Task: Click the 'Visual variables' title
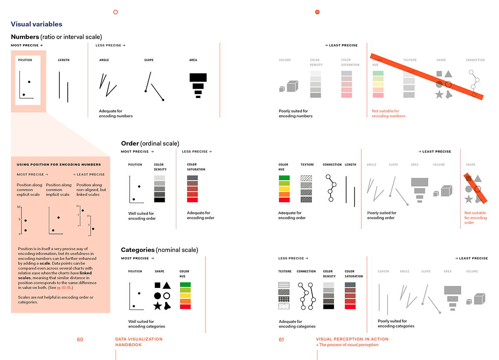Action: point(37,24)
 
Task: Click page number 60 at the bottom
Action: point(80,340)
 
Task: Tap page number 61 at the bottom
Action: point(281,340)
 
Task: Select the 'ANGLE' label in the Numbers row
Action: point(104,60)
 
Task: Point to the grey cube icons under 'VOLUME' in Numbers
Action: point(289,87)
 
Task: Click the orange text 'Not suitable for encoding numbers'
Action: point(385,114)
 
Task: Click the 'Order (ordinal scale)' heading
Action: point(150,144)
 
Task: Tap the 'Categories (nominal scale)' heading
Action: point(159,250)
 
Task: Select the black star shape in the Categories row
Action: point(157,306)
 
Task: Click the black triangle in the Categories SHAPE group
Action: point(166,286)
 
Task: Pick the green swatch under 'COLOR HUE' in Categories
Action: point(185,285)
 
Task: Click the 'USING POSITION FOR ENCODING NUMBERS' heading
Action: point(59,165)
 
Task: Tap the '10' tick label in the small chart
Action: point(19,207)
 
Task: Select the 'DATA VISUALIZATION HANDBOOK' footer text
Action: point(138,342)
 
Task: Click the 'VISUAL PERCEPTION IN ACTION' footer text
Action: point(352,339)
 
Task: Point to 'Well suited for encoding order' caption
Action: point(142,216)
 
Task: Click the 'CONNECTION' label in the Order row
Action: point(332,165)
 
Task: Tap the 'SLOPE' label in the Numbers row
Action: point(149,60)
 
